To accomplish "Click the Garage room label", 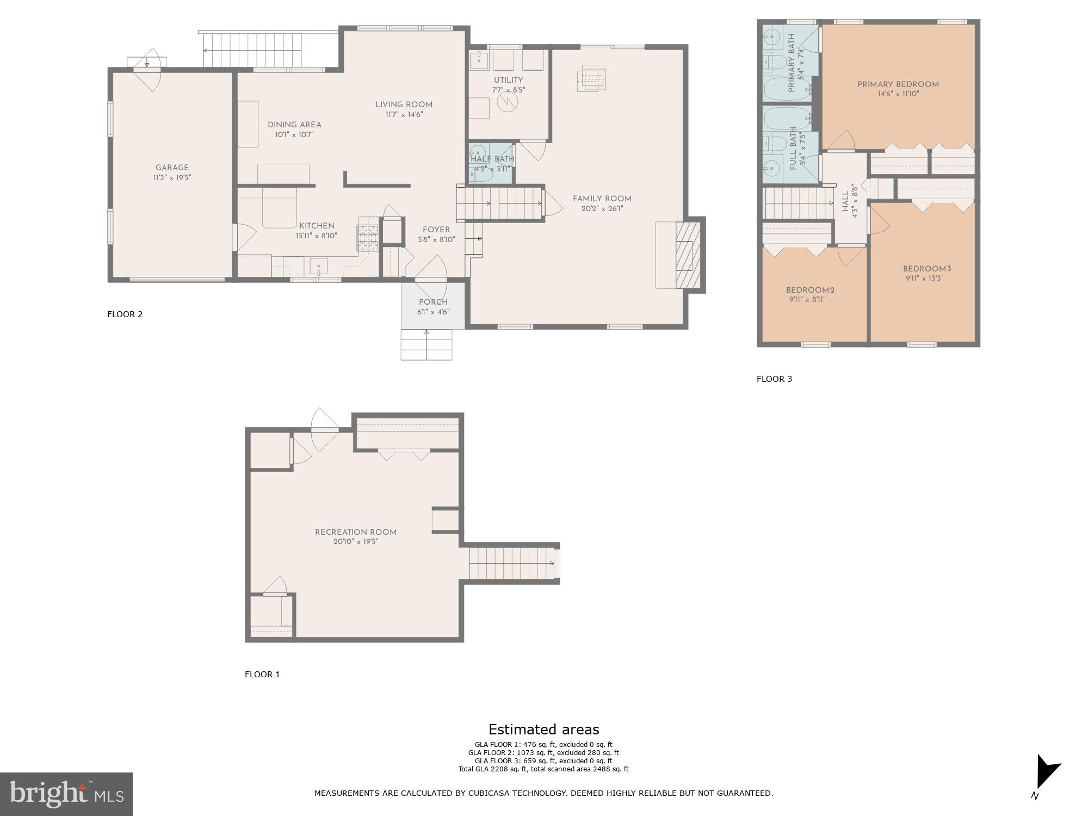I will [172, 168].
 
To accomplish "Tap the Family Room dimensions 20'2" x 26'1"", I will [602, 209].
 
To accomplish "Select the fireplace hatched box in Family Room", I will [688, 255].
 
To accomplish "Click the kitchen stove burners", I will [368, 238].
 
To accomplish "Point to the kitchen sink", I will [319, 267].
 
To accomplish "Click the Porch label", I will [434, 302].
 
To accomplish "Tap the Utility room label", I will [509, 81].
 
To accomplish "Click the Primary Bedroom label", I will [898, 85].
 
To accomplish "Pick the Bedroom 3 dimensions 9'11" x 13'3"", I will [923, 279].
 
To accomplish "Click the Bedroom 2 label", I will [810, 290].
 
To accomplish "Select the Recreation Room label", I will [356, 533].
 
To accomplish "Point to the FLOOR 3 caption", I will [774, 379].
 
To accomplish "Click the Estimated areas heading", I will [543, 730].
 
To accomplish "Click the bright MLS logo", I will [66, 794].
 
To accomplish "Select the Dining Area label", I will [294, 125].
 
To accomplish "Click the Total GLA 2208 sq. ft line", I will [543, 769].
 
